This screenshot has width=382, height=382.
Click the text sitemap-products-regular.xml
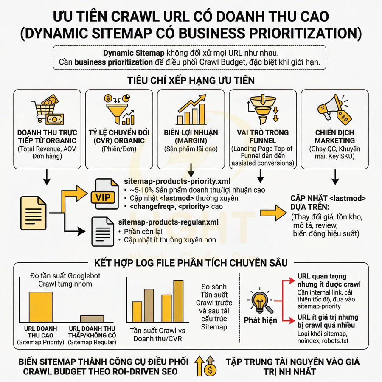pyautogui.click(x=169, y=222)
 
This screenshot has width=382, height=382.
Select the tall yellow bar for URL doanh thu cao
pyautogui.click(x=41, y=308)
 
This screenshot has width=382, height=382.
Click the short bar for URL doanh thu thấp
pyautogui.click(x=92, y=319)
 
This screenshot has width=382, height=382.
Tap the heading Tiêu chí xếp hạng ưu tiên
pyautogui.click(x=191, y=80)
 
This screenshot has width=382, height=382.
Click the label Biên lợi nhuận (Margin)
pyautogui.click(x=191, y=137)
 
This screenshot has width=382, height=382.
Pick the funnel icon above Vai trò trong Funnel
pyautogui.click(x=261, y=109)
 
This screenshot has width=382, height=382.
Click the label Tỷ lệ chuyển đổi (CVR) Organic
pyautogui.click(x=119, y=137)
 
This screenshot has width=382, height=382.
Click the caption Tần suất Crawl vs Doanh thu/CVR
pyautogui.click(x=155, y=334)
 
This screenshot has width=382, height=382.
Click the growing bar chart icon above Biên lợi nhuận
pyautogui.click(x=191, y=109)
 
